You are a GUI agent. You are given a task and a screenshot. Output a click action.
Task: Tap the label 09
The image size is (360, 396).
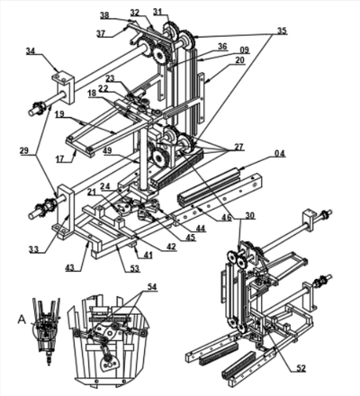click(x=244, y=50)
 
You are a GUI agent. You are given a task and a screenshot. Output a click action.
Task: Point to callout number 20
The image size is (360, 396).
click(x=239, y=61)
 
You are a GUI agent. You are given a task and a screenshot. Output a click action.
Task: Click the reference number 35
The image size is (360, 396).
click(x=282, y=31)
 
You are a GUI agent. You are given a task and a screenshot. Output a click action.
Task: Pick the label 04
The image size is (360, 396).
click(x=280, y=154)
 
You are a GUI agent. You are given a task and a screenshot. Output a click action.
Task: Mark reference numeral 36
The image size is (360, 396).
click(x=221, y=46)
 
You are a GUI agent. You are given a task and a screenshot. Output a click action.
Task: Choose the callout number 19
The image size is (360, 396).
click(x=58, y=116)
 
